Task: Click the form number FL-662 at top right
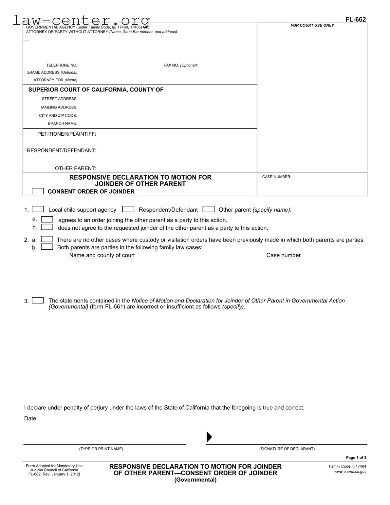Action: point(355,19)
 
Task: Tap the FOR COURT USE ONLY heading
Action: point(312,26)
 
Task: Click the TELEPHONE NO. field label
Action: point(62,66)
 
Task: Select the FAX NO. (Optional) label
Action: point(180,66)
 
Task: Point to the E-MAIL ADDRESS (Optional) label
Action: point(53,72)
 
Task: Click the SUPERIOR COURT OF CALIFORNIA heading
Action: point(96,90)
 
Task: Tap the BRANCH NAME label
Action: point(63,124)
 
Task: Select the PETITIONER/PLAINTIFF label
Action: point(66,134)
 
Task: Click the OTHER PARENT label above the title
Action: point(75,168)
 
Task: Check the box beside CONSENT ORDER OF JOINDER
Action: point(38,191)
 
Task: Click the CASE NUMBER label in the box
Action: point(276,177)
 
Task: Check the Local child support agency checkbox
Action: point(38,209)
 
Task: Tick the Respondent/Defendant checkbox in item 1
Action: point(128,209)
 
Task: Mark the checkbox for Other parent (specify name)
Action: point(209,209)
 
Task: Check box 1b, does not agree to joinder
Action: point(47,227)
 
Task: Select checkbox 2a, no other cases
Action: point(47,239)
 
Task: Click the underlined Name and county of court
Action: point(102,255)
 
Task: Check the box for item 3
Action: point(38,301)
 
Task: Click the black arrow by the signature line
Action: point(209,437)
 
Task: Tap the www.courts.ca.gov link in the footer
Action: point(350,472)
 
